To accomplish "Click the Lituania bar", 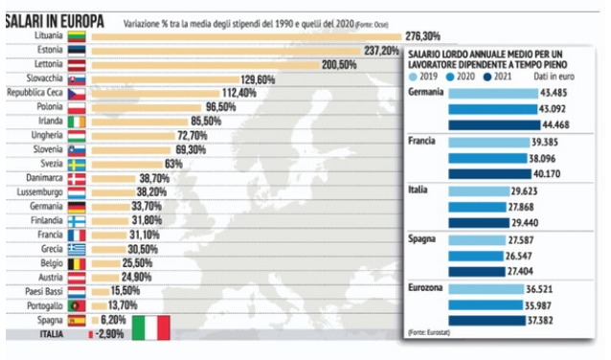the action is coord(246,37).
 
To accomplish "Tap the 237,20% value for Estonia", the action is coord(381,51).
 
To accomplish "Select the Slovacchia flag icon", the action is coord(77,79).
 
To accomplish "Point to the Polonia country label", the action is coord(50,106).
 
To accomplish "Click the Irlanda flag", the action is coord(77,122).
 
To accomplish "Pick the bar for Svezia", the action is coord(127,165).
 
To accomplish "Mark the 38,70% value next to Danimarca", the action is coord(154,178).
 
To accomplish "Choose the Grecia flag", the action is coord(77,249).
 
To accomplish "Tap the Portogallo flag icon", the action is coord(77,305).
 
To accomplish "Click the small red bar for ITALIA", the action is coord(91,334).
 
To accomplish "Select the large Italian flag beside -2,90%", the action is coord(151,327).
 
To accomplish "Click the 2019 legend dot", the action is coord(414,77).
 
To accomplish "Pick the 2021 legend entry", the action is coord(497,77).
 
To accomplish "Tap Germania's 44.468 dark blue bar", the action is coord(494,125).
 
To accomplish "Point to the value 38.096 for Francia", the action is coord(542,159).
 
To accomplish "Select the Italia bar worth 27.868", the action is coord(477,207).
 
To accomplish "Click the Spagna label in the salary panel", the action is coord(421,238).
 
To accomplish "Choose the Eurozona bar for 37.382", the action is coord(487,321).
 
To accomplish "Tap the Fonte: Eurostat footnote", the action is coord(429,333).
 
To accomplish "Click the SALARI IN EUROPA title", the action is coord(55,21).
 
